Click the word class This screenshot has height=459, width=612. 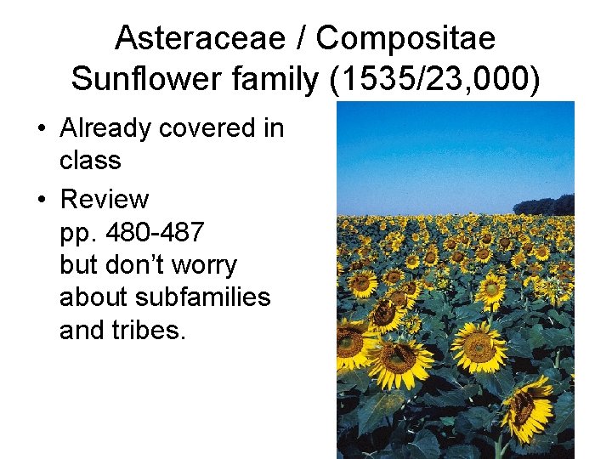(x=90, y=161)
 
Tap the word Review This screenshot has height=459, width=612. (x=104, y=200)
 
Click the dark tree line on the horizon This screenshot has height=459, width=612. (x=545, y=206)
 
